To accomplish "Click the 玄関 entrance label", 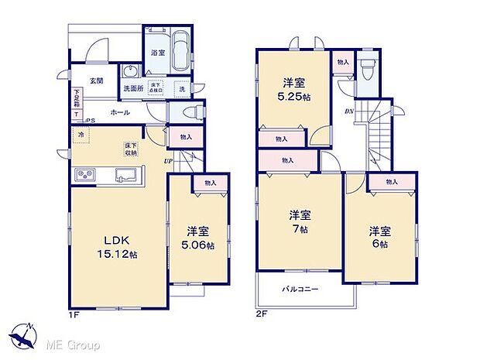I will (x=95, y=80).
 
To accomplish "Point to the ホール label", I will (x=119, y=113).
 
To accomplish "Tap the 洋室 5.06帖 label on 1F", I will (x=199, y=237).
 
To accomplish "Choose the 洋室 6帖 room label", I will (x=379, y=237).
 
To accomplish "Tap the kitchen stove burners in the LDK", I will (x=84, y=176).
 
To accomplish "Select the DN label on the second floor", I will (x=348, y=111).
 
